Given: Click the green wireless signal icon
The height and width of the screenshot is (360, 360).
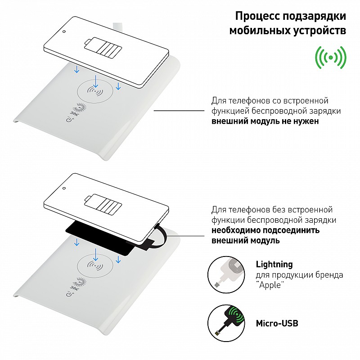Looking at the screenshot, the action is click(x=331, y=58).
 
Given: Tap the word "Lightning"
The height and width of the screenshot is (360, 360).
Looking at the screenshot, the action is click(x=274, y=264).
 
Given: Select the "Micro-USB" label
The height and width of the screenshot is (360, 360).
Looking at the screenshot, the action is click(x=277, y=324).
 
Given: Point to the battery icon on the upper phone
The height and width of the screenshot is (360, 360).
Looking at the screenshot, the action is click(x=103, y=49).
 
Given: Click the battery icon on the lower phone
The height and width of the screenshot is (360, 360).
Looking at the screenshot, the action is click(x=103, y=205).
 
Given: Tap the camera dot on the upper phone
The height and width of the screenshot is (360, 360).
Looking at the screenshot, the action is click(x=64, y=31).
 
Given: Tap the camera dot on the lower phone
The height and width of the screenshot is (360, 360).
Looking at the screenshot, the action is click(x=64, y=188).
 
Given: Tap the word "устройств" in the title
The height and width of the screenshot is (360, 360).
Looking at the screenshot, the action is click(x=319, y=31).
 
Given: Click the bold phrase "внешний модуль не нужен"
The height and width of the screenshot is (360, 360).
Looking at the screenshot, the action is click(x=265, y=121).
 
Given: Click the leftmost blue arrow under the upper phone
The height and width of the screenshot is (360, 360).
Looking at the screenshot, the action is click(x=76, y=69).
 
